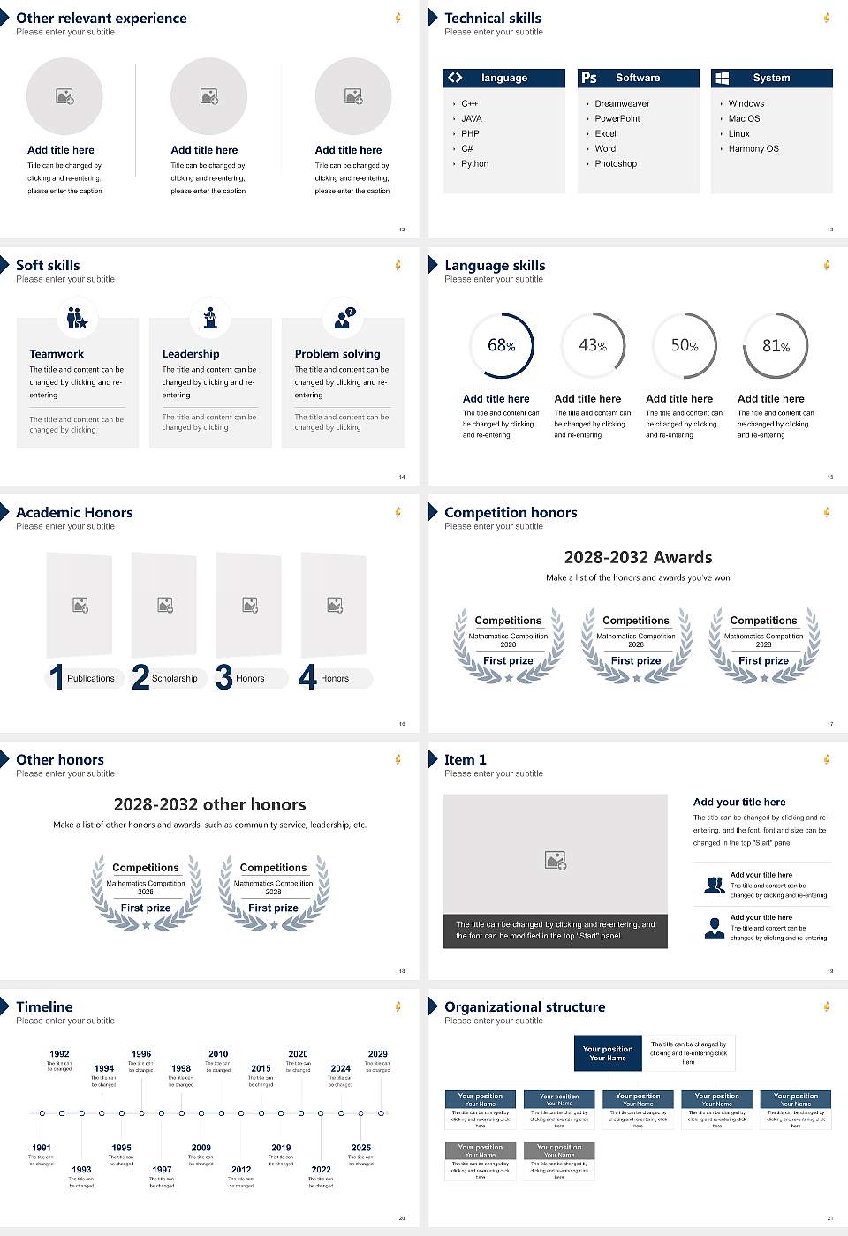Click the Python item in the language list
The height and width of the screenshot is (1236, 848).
tap(474, 163)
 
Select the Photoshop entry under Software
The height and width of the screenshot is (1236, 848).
tap(615, 163)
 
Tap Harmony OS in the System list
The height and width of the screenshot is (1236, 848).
tap(753, 148)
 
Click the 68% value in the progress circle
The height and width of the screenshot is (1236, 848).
tap(501, 345)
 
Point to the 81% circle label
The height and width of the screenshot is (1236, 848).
tap(776, 346)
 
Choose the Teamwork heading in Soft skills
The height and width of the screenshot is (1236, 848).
tap(57, 353)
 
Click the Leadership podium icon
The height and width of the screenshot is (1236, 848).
tap(210, 317)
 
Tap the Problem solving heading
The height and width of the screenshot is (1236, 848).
tap(337, 353)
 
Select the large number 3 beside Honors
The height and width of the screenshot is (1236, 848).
tap(223, 677)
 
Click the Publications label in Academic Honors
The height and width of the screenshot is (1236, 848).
tap(90, 678)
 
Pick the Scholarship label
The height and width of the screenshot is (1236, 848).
tap(174, 678)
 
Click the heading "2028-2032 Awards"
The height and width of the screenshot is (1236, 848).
tap(638, 557)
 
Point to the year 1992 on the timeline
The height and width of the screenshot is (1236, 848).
tap(59, 1053)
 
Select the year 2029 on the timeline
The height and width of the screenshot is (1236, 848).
tap(377, 1053)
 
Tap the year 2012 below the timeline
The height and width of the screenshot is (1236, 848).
tap(241, 1169)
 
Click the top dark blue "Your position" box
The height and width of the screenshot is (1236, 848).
tap(608, 1053)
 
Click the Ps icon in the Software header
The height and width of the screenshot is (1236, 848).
tap(589, 78)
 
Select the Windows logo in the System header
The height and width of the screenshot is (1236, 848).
tap(722, 78)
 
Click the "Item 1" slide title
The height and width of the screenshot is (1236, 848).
tap(465, 759)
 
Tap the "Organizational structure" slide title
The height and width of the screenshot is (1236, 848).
tap(525, 1006)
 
